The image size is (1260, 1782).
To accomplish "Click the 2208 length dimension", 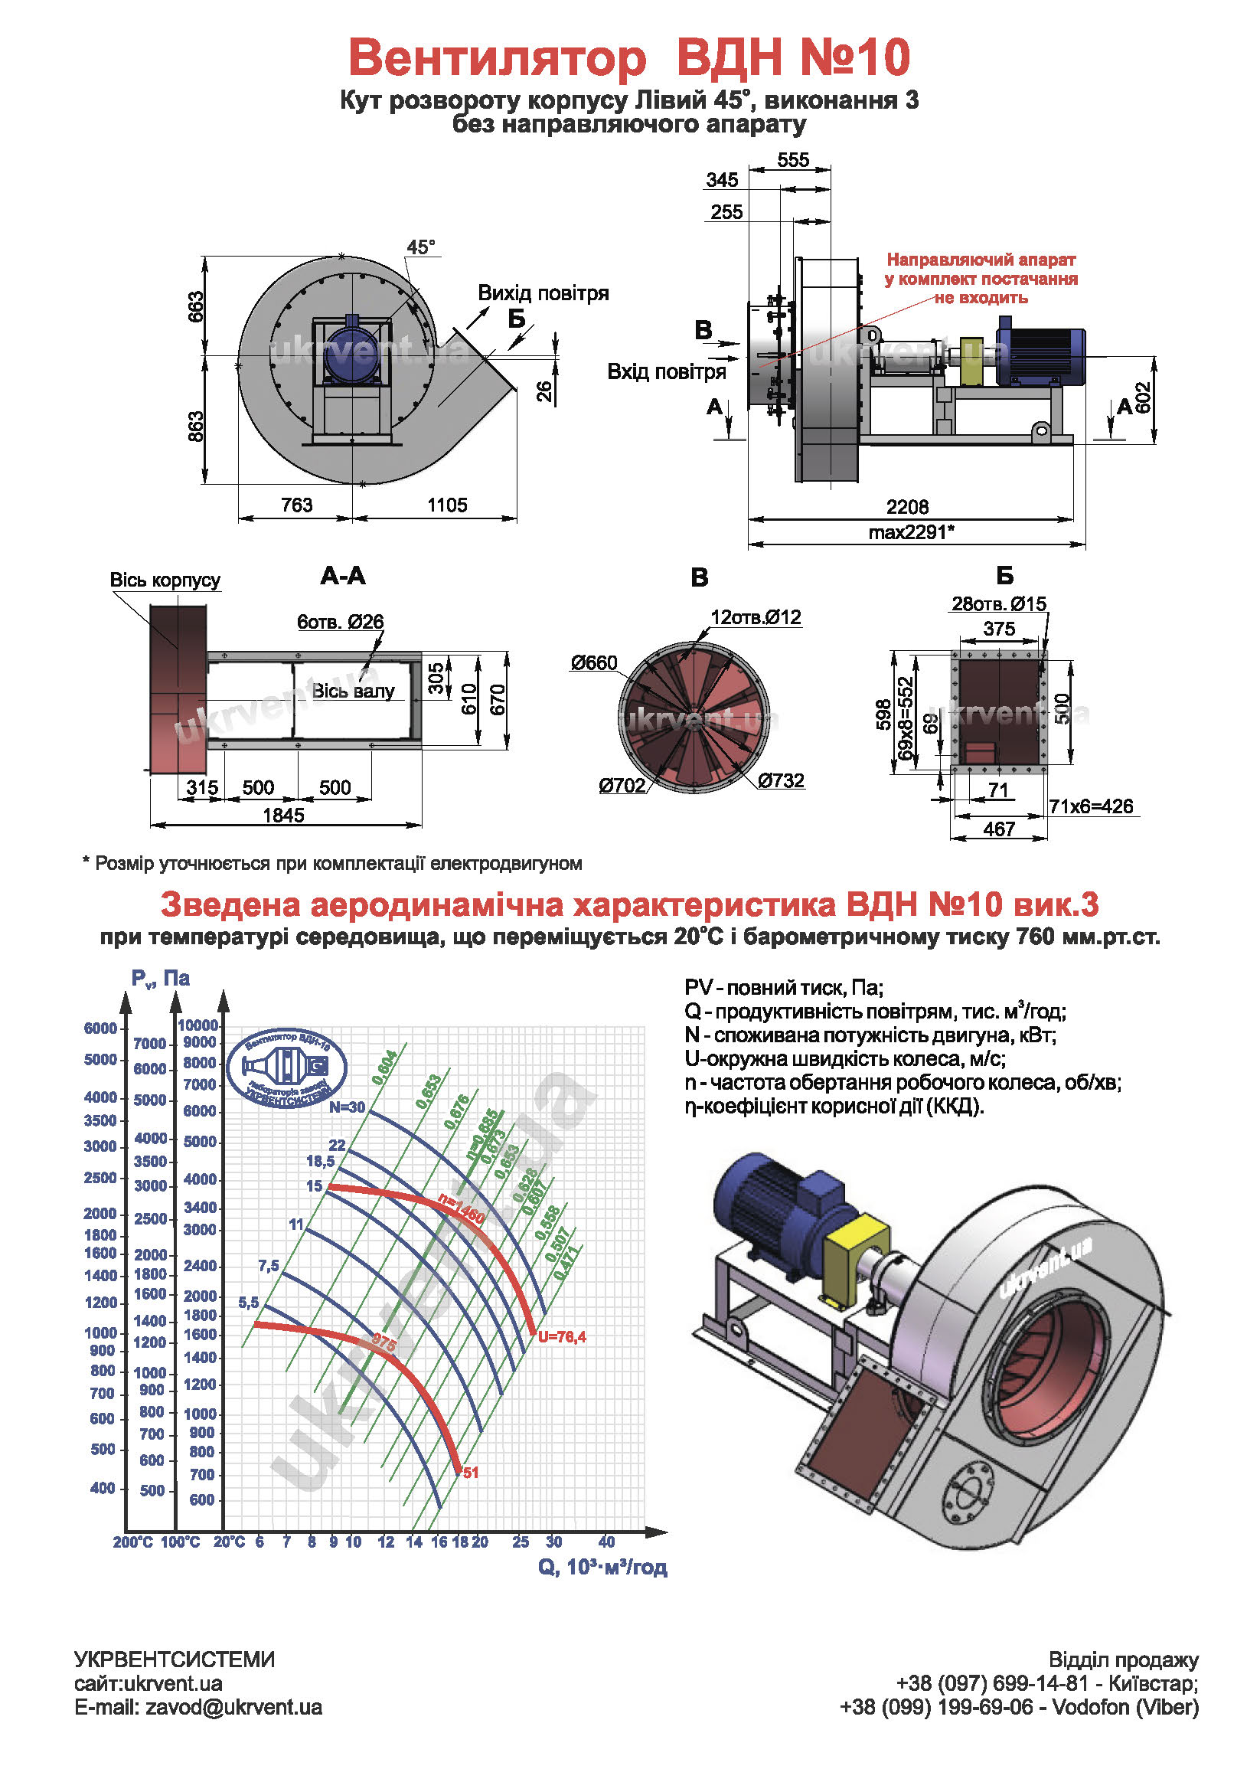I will (x=907, y=507).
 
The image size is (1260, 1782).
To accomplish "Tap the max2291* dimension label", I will (x=911, y=532).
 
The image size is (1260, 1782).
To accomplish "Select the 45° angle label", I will (x=420, y=247).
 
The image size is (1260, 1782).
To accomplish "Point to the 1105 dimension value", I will (x=447, y=505).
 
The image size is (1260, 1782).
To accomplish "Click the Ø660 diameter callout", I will (x=593, y=663).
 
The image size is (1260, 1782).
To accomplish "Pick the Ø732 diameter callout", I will (x=781, y=781).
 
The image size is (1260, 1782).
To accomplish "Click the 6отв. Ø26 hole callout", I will (x=340, y=622).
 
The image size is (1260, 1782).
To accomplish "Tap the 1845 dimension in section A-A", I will (x=283, y=815).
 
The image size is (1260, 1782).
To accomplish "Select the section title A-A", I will (x=342, y=576).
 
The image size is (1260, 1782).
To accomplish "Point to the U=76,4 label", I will (x=562, y=1336).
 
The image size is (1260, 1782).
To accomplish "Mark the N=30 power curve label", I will (x=347, y=1107).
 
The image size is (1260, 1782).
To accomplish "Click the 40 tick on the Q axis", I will (x=606, y=1542).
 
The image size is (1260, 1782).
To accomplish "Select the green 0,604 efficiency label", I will (x=385, y=1068).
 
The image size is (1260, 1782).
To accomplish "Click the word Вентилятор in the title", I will (x=497, y=57).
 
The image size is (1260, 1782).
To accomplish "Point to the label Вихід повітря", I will (x=542, y=293).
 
